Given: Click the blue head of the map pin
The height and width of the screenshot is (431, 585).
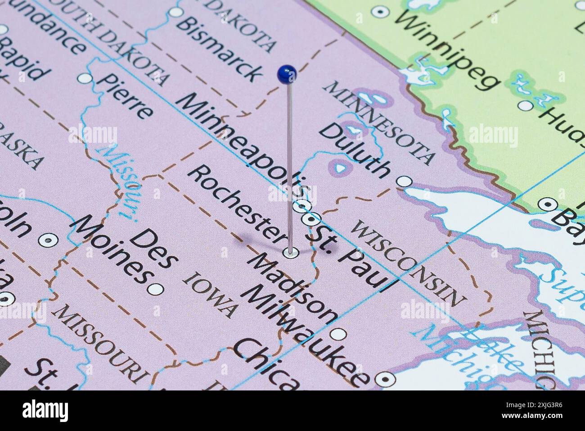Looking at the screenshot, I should point(287,74).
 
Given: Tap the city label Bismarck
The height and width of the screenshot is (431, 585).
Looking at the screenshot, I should point(219,47).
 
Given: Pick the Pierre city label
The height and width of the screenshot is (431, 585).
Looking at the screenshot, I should point(126,95).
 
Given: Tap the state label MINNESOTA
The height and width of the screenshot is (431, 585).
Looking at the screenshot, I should point(382,122).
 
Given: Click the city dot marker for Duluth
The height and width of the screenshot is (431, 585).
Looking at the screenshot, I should point(405,181).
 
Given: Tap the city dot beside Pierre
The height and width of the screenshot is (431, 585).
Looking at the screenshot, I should point(85,78).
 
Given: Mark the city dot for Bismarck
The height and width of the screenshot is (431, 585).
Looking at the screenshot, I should point(176,12).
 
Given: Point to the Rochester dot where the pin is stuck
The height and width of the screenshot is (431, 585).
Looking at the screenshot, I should point(291,253).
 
